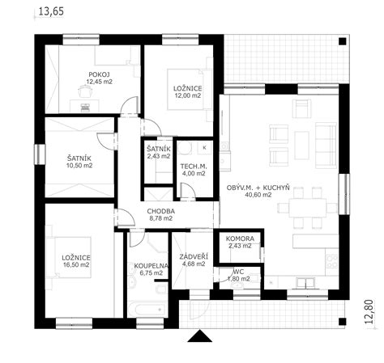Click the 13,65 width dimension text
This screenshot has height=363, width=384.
coord(52,11)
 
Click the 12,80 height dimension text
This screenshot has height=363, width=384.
coord(369,311)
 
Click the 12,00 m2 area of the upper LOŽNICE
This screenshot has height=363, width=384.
coord(187,95)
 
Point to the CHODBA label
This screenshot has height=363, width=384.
coord(161,212)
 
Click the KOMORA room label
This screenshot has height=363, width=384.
coord(240,238)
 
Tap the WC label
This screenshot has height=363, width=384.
coord(240,272)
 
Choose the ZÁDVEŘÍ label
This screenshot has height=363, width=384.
coord(194,257)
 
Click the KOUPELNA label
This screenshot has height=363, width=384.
coord(151,266)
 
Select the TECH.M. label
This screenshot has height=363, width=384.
coord(193,167)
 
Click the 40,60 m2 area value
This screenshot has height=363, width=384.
coord(258,195)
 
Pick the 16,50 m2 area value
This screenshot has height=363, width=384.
coord(76,265)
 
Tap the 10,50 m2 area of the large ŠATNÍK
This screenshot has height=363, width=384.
coord(79,166)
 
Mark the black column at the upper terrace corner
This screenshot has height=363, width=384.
coord(343,41)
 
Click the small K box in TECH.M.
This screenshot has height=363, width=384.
coord(204,147)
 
